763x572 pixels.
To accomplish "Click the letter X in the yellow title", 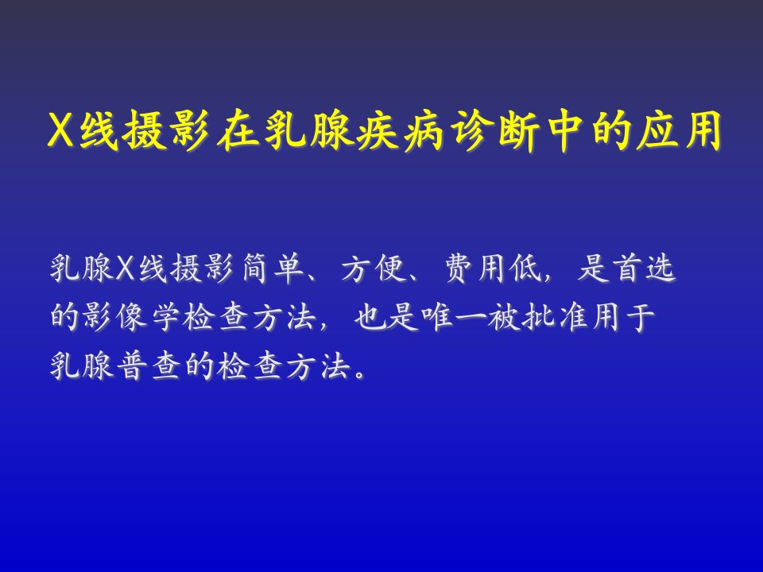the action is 61,131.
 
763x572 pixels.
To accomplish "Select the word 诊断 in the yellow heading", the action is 493,130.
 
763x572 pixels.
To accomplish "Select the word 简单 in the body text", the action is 273,268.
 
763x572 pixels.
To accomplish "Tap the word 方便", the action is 374,268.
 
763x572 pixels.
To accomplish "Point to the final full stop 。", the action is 360,375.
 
